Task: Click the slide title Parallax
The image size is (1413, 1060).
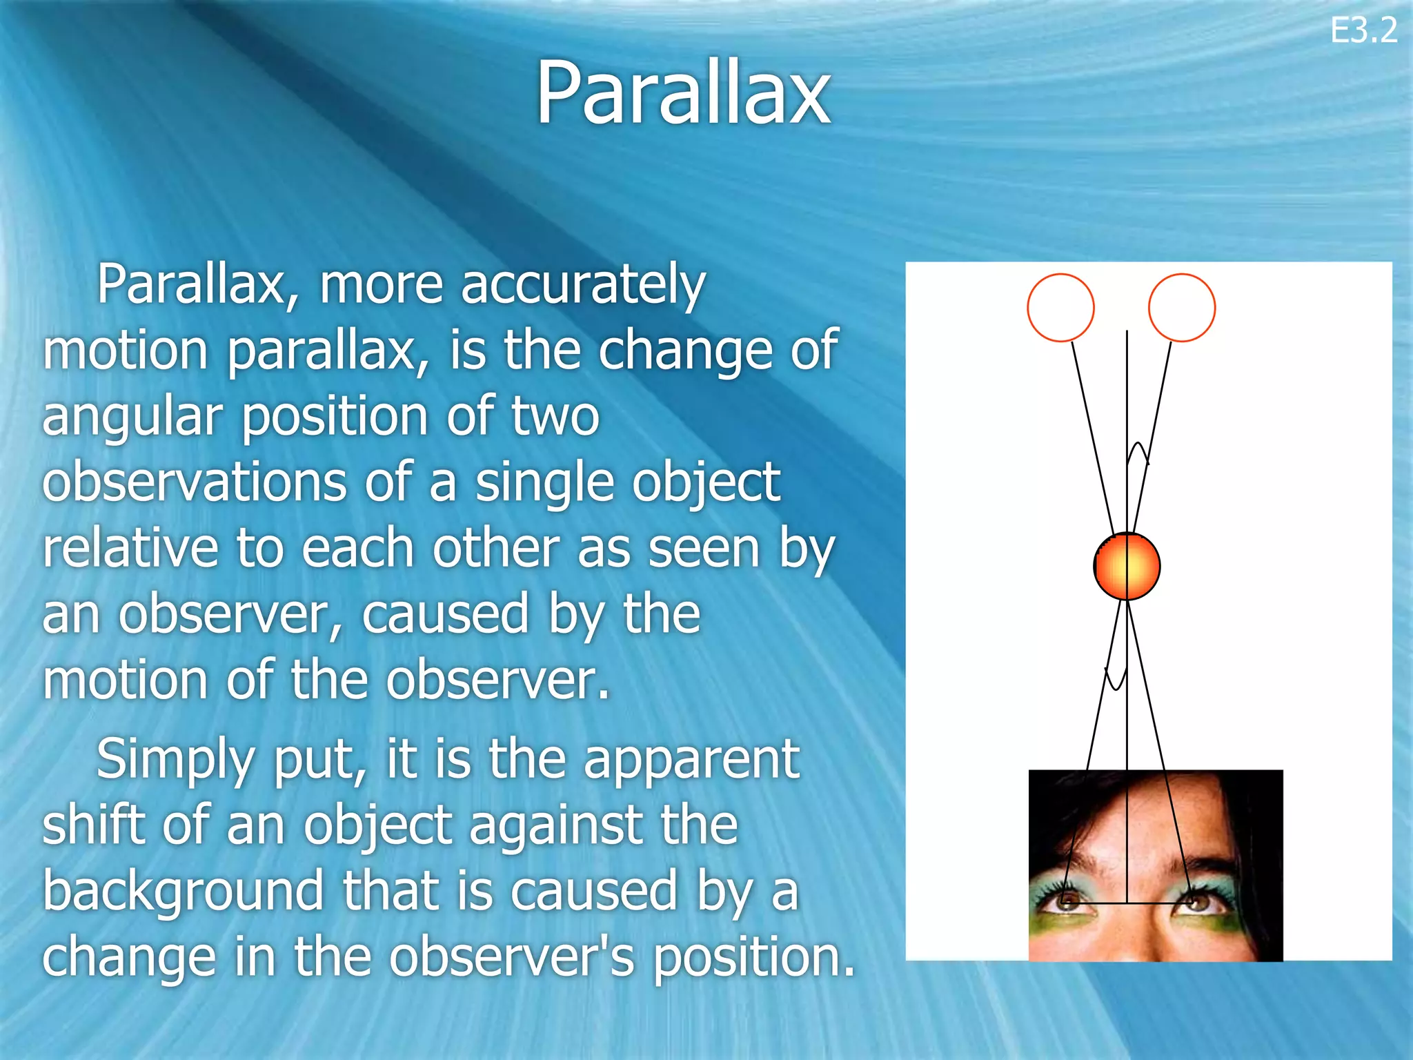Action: click(x=683, y=93)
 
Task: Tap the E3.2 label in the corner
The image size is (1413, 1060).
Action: click(x=1363, y=30)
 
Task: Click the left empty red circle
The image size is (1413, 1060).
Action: click(x=1060, y=308)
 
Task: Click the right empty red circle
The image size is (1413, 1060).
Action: click(x=1181, y=308)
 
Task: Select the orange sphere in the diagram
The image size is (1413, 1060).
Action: click(x=1127, y=566)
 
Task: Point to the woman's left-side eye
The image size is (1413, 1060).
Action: click(x=1068, y=901)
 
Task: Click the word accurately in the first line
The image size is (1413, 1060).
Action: click(x=583, y=285)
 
